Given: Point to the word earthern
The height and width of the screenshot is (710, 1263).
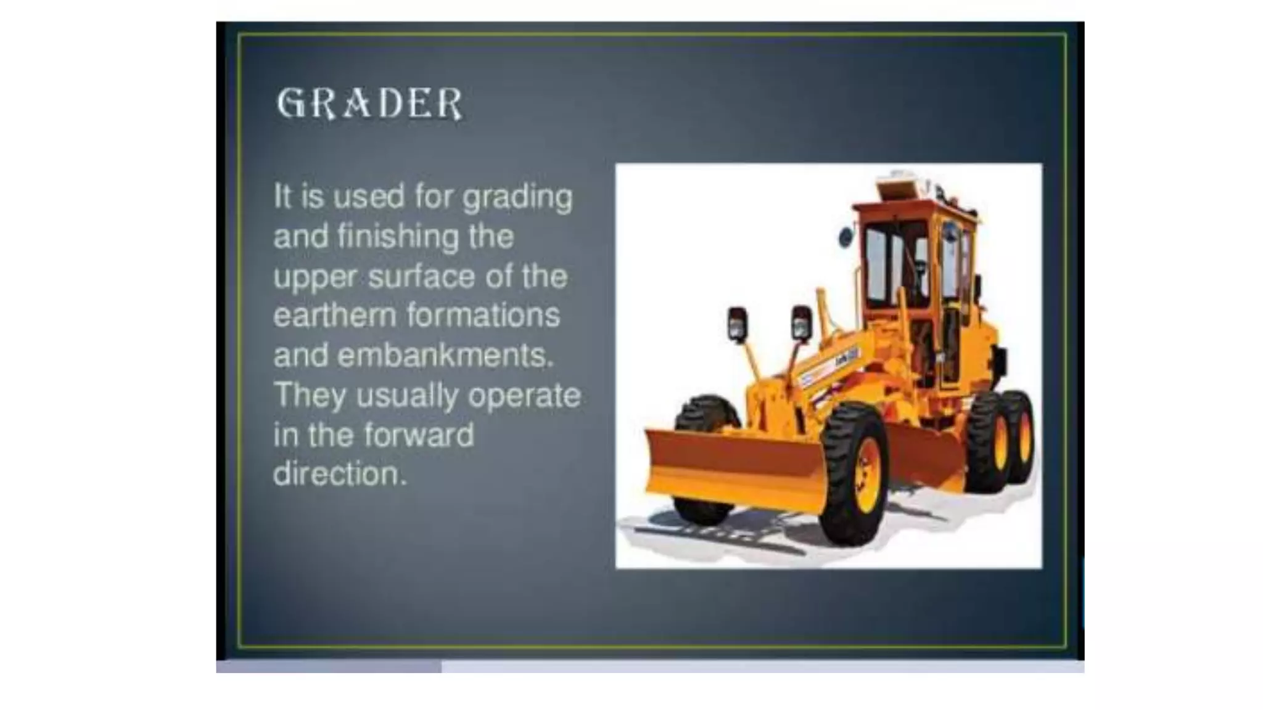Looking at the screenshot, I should click(x=334, y=316).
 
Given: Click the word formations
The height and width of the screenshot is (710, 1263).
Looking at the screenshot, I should click(x=483, y=316).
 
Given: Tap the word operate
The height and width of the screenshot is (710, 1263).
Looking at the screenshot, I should click(x=524, y=396).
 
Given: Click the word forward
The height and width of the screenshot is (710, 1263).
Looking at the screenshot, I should click(x=419, y=435).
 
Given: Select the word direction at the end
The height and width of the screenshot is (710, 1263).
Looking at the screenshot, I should click(x=340, y=475).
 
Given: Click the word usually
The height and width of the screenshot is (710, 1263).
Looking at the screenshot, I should click(x=408, y=396).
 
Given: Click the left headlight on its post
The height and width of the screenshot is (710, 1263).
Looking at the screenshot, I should click(x=738, y=324).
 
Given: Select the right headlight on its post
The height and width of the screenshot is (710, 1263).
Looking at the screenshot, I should click(x=801, y=322).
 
